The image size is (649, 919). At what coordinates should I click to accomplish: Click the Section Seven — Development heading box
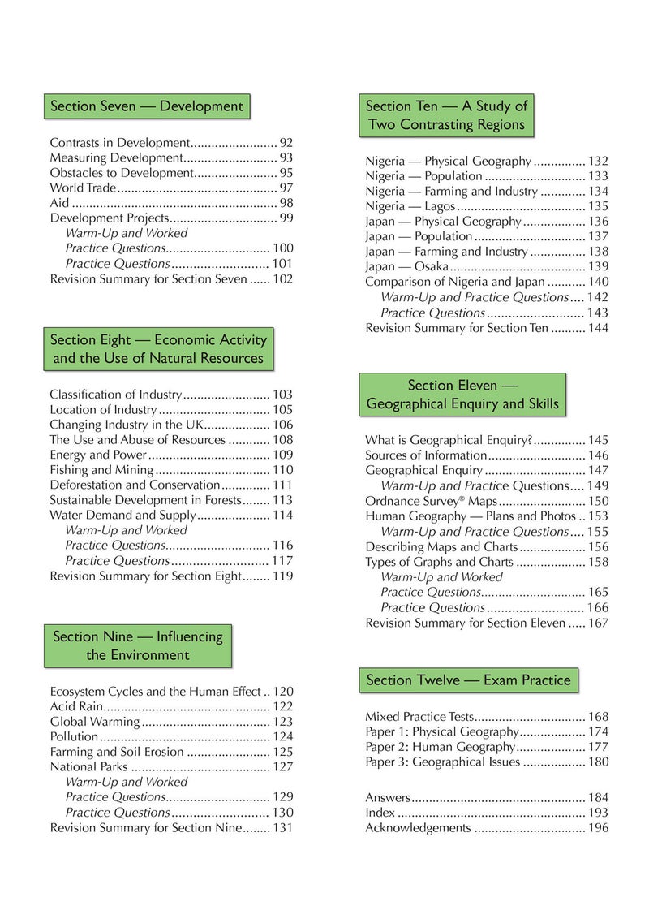pyautogui.click(x=147, y=106)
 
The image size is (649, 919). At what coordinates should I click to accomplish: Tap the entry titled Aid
pyautogui.click(x=60, y=203)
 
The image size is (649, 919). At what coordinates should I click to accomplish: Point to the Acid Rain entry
pyautogui.click(x=75, y=706)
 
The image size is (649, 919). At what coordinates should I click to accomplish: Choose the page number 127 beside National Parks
pyautogui.click(x=282, y=766)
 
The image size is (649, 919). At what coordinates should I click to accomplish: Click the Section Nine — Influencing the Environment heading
pyautogui.click(x=137, y=645)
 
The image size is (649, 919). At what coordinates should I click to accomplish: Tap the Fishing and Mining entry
pyautogui.click(x=101, y=470)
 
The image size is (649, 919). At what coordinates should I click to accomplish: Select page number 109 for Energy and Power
pyautogui.click(x=282, y=455)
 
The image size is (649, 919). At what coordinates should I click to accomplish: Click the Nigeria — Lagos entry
pyautogui.click(x=411, y=206)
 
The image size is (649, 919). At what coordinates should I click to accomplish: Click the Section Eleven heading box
pyautogui.click(x=462, y=395)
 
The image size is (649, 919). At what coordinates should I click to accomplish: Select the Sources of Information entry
pyautogui.click(x=426, y=455)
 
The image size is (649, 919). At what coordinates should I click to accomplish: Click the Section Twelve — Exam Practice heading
pyautogui.click(x=468, y=680)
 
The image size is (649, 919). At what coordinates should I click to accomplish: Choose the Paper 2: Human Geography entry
pyautogui.click(x=440, y=747)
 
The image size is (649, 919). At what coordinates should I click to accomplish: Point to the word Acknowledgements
pyautogui.click(x=417, y=828)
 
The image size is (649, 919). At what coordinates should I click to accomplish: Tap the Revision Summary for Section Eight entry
pyautogui.click(x=146, y=576)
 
